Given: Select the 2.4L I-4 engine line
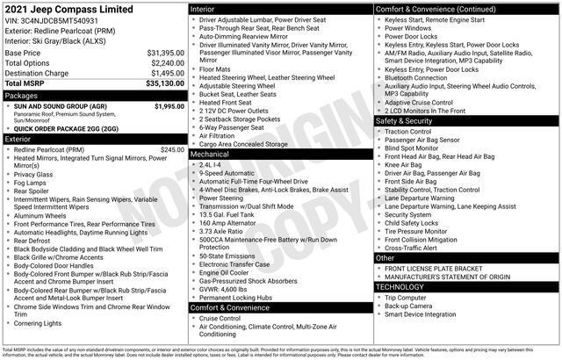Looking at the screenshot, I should [x=212, y=163].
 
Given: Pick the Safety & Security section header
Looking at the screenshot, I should [x=407, y=120].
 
